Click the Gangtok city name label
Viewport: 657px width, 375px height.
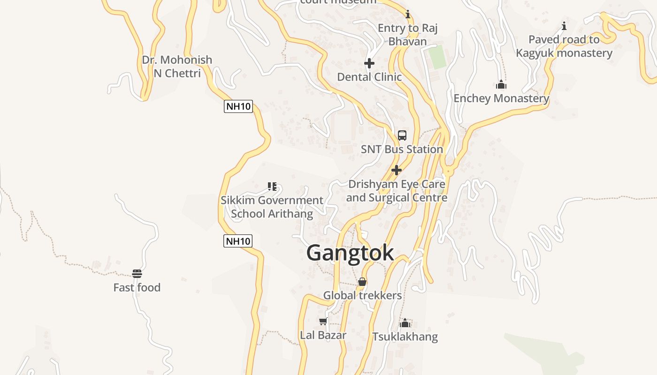pos(350,253)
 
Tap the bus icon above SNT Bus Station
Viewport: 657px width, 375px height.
pos(402,135)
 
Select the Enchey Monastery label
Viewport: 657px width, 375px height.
pos(501,98)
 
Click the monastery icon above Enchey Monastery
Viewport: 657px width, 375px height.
pos(501,85)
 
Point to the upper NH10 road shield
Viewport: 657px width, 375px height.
pos(238,106)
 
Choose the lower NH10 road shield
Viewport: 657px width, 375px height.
pos(238,241)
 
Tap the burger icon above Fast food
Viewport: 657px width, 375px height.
pos(137,274)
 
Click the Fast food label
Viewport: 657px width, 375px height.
pos(137,287)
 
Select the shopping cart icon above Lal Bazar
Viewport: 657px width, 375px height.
pos(323,322)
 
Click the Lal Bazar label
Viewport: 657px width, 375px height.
pos(323,335)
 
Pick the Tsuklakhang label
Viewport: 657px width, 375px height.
pos(405,337)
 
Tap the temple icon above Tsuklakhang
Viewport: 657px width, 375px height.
pos(405,323)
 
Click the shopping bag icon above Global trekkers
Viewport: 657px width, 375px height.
pos(362,282)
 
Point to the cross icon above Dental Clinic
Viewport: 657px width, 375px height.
pos(369,63)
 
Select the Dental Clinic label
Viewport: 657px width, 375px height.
pos(369,77)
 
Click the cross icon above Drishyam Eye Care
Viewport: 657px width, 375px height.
pos(397,170)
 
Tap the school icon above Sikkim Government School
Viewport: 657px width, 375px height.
pos(272,187)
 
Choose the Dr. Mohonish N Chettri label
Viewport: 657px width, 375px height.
pos(177,67)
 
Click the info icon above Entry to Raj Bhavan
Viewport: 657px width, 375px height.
pos(408,15)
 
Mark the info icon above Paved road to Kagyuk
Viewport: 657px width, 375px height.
pos(564,26)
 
